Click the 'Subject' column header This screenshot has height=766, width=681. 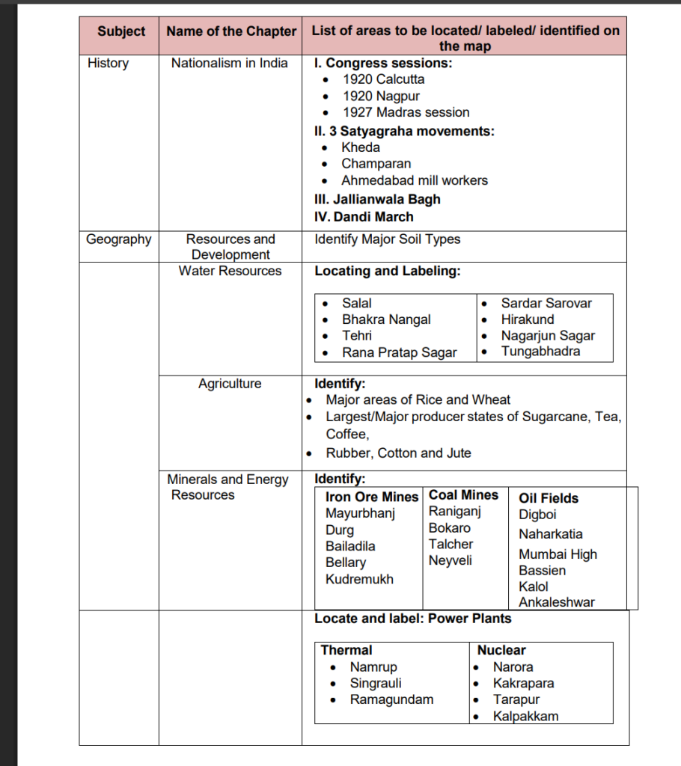(x=121, y=31)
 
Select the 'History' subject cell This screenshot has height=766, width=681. (x=108, y=63)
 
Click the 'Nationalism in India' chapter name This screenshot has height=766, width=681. (x=229, y=63)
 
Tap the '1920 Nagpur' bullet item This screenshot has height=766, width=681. (x=381, y=96)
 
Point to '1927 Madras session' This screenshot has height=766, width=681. (x=406, y=112)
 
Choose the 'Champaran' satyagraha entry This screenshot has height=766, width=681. (x=376, y=163)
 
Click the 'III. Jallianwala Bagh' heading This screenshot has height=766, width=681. (x=377, y=199)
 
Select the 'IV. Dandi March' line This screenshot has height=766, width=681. (x=364, y=217)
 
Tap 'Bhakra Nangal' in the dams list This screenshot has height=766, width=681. (x=386, y=319)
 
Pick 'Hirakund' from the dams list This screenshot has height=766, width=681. (x=528, y=319)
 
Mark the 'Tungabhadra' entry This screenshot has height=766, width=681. (x=540, y=351)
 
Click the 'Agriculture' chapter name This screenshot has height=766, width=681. (x=230, y=384)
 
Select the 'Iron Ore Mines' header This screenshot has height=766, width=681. (x=372, y=497)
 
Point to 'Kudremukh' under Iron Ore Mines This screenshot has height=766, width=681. (x=359, y=579)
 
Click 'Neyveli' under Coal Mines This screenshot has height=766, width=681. (x=450, y=560)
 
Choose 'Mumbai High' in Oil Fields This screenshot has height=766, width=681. (x=558, y=554)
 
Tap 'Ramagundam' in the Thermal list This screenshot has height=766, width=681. (x=391, y=699)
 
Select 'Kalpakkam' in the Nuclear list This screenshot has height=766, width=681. (x=525, y=716)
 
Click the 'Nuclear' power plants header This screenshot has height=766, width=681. (x=501, y=650)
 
